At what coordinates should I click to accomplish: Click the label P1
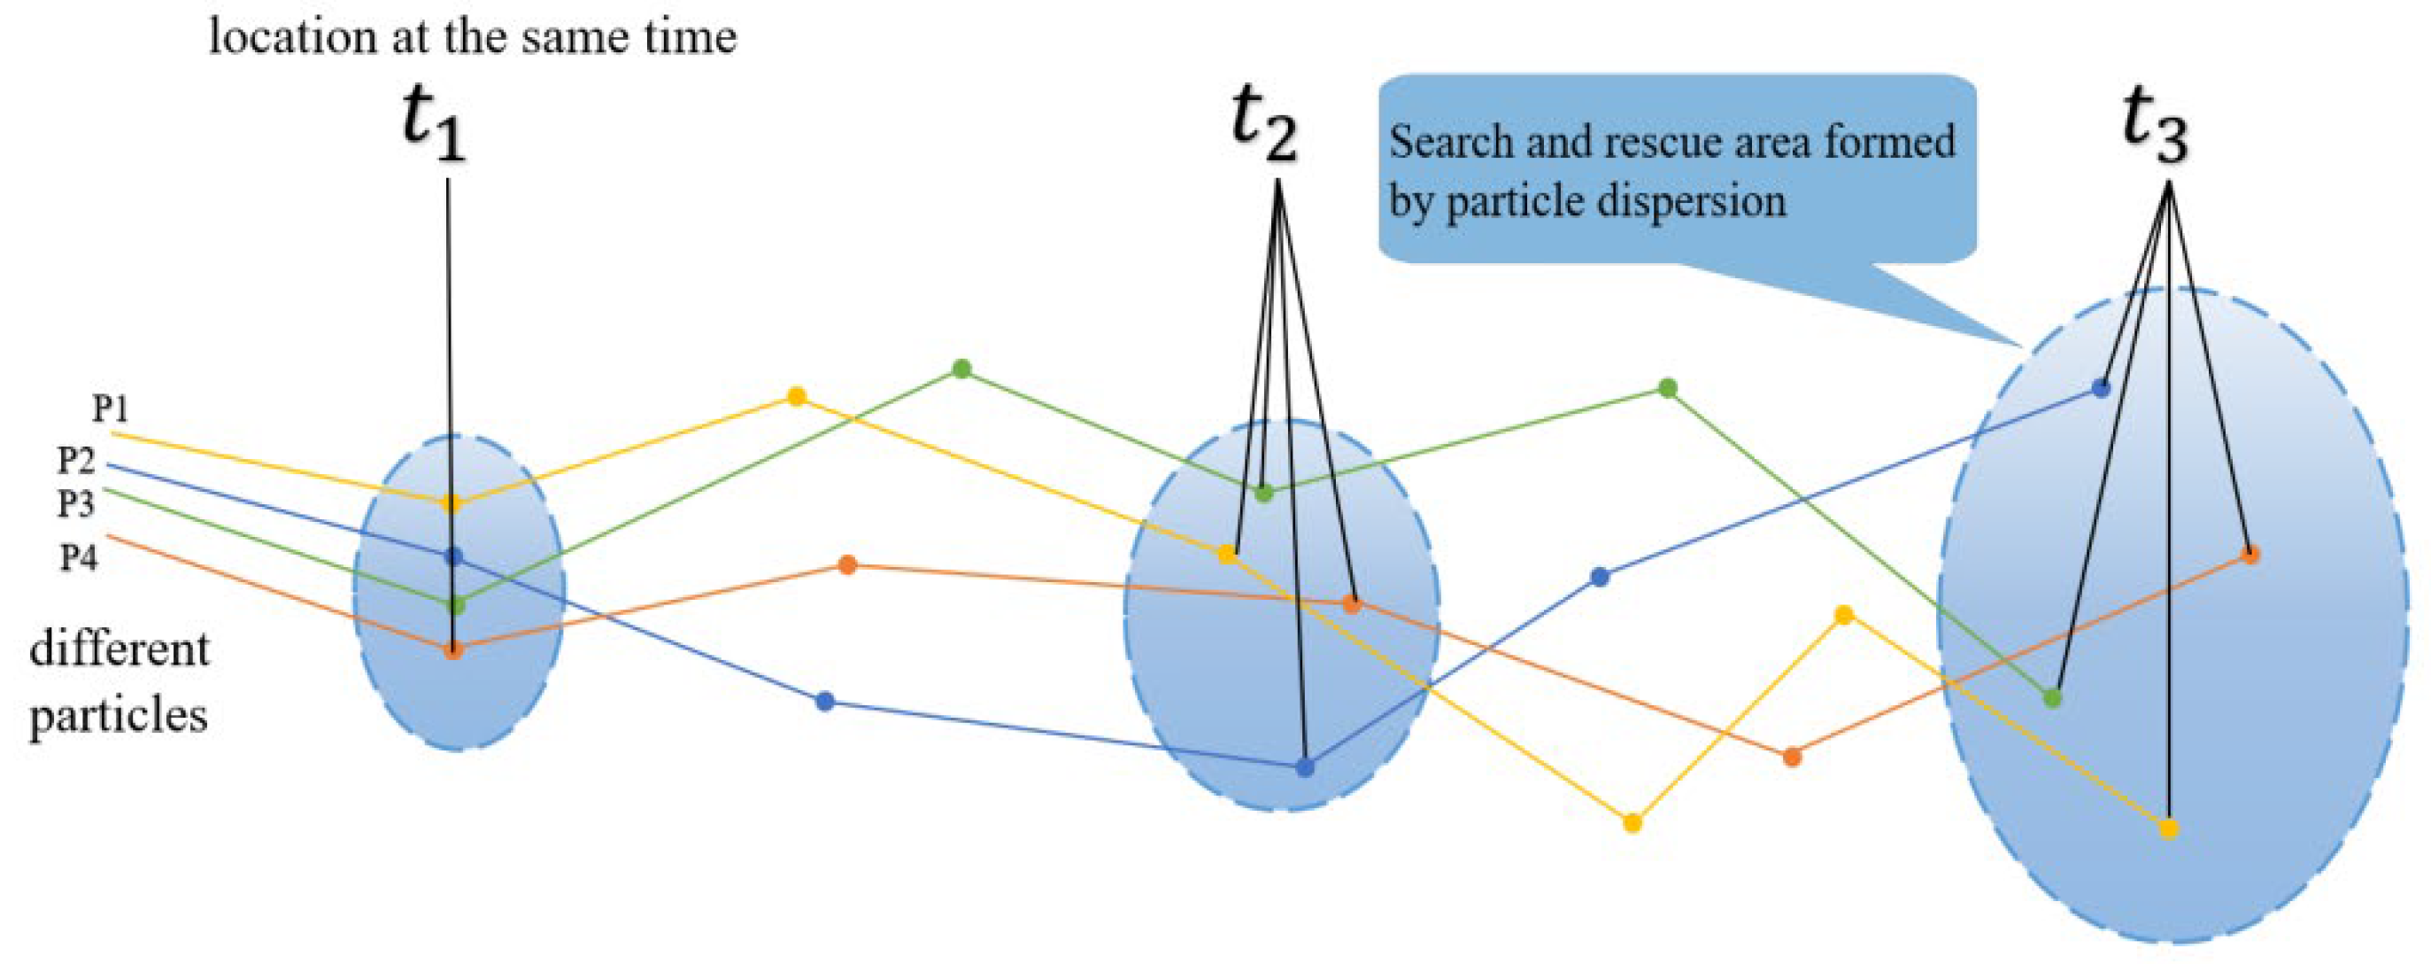[110, 408]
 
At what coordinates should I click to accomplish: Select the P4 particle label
[78, 558]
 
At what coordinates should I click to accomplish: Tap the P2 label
[76, 461]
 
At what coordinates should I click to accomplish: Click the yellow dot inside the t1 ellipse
[451, 503]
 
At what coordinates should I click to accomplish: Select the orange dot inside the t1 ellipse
[453, 649]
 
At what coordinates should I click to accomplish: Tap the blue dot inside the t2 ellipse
[1305, 767]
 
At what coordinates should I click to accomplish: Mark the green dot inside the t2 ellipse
[1264, 492]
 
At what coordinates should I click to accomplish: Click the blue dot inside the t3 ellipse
[2101, 388]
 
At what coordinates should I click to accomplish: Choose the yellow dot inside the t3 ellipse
[2169, 829]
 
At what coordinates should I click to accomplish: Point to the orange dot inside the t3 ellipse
[2250, 555]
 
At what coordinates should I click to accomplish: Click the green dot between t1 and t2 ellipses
[961, 369]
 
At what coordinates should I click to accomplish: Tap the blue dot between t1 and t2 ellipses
[825, 702]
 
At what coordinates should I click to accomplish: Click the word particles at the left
[119, 716]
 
